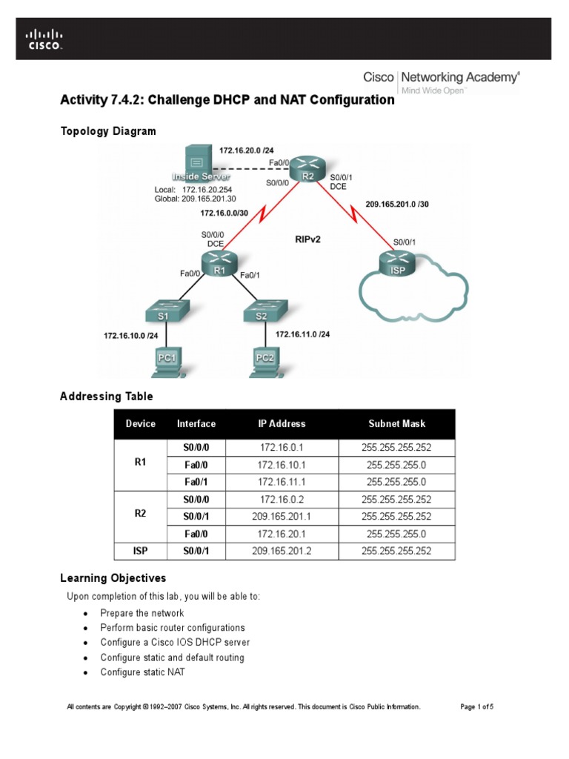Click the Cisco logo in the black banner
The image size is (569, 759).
pos(44,39)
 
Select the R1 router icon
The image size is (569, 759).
pos(219,263)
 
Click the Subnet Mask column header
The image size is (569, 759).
pos(396,424)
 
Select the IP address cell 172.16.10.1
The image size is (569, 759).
pos(282,465)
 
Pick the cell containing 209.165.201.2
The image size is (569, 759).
pos(282,551)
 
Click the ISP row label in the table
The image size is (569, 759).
pos(140,551)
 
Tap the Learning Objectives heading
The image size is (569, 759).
pos(113,578)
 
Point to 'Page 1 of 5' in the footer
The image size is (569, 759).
pos(476,707)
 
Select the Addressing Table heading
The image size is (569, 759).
pos(106,397)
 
